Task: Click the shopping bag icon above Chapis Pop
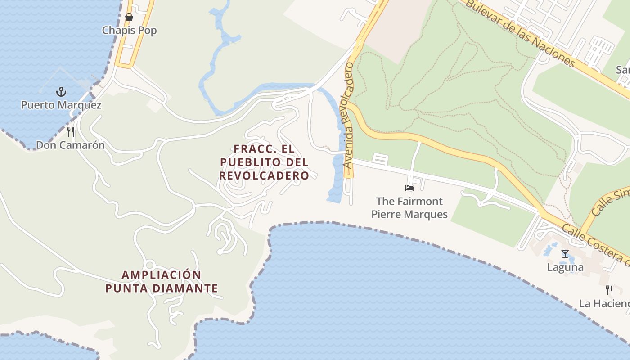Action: pyautogui.click(x=129, y=18)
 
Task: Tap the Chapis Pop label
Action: pyautogui.click(x=129, y=31)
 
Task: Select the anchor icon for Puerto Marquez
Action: pyautogui.click(x=61, y=92)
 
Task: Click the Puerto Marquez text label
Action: pyautogui.click(x=61, y=105)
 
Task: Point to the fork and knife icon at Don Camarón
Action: pyautogui.click(x=70, y=132)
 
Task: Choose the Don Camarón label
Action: pyautogui.click(x=70, y=145)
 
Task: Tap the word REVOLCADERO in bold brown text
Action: pyautogui.click(x=264, y=175)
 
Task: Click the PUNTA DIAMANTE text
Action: pyautogui.click(x=162, y=288)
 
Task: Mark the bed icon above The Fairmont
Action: pyautogui.click(x=409, y=188)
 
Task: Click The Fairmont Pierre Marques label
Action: pyautogui.click(x=409, y=207)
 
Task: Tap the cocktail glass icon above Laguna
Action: pyautogui.click(x=565, y=254)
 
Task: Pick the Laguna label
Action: pyautogui.click(x=565, y=267)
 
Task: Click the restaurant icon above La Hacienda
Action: pyautogui.click(x=609, y=290)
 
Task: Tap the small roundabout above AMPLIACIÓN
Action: pyautogui.click(x=150, y=265)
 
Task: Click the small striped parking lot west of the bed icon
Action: pyautogui.click(x=380, y=159)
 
